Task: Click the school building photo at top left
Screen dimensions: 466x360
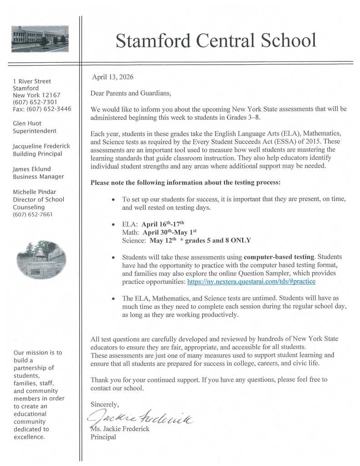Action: coord(40,39)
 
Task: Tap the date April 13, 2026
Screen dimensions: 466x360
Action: coord(113,77)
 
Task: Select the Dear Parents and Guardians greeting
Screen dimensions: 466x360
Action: coord(131,93)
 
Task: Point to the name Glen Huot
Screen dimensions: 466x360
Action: coord(27,123)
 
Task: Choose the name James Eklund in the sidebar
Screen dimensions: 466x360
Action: coord(32,169)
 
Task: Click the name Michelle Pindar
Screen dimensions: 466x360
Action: coord(34,192)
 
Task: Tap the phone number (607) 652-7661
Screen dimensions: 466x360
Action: coord(33,214)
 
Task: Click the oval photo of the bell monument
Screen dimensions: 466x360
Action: coord(41,259)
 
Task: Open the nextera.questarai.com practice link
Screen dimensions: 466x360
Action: coord(251,282)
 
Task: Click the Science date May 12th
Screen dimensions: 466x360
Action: coord(162,240)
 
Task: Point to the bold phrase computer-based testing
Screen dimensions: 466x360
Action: coord(277,257)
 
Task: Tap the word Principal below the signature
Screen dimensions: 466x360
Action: coord(103,437)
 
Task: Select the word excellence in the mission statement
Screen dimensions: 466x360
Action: coord(29,437)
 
